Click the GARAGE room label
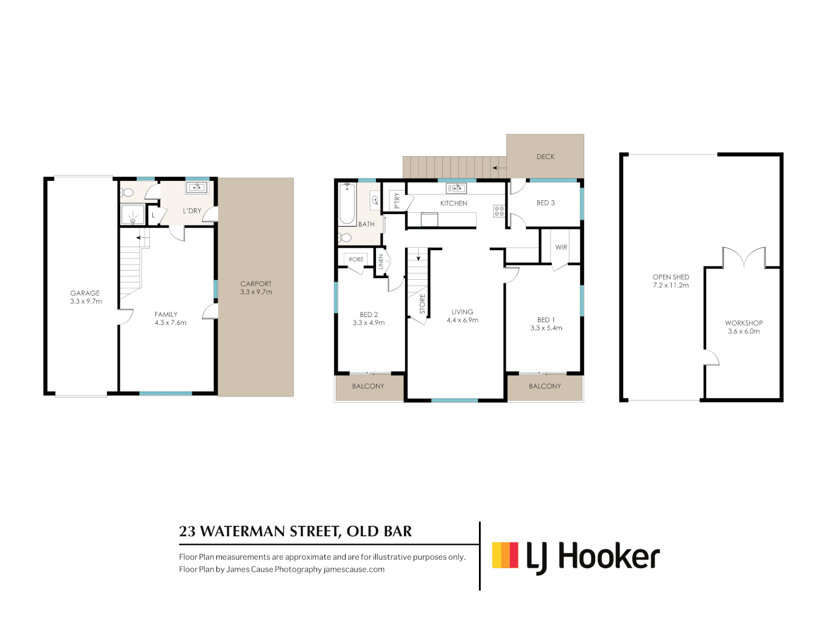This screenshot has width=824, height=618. tap(85, 293)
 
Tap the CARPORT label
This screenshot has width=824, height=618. tap(256, 284)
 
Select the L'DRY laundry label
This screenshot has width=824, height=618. tap(192, 211)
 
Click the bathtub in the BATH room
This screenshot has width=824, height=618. tap(347, 204)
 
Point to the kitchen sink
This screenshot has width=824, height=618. tap(456, 188)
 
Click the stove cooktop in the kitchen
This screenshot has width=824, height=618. tap(499, 211)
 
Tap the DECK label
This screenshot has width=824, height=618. tap(545, 157)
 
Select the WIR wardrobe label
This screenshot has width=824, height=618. tap(561, 247)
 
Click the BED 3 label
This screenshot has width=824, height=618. tap(545, 203)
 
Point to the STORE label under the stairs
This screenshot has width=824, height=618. tap(422, 303)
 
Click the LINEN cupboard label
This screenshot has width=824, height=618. tap(381, 262)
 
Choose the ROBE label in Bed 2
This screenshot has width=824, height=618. tap(356, 259)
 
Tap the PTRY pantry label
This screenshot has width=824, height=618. tap(397, 200)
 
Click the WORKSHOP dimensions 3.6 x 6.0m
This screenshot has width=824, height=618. tap(744, 331)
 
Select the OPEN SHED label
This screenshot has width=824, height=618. tap(671, 277)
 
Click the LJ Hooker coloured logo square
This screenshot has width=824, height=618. tap(505, 555)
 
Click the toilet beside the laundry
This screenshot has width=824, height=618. tap(128, 192)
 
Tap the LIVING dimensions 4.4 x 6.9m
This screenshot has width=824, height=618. tap(462, 320)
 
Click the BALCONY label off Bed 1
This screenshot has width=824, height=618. tap(545, 386)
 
